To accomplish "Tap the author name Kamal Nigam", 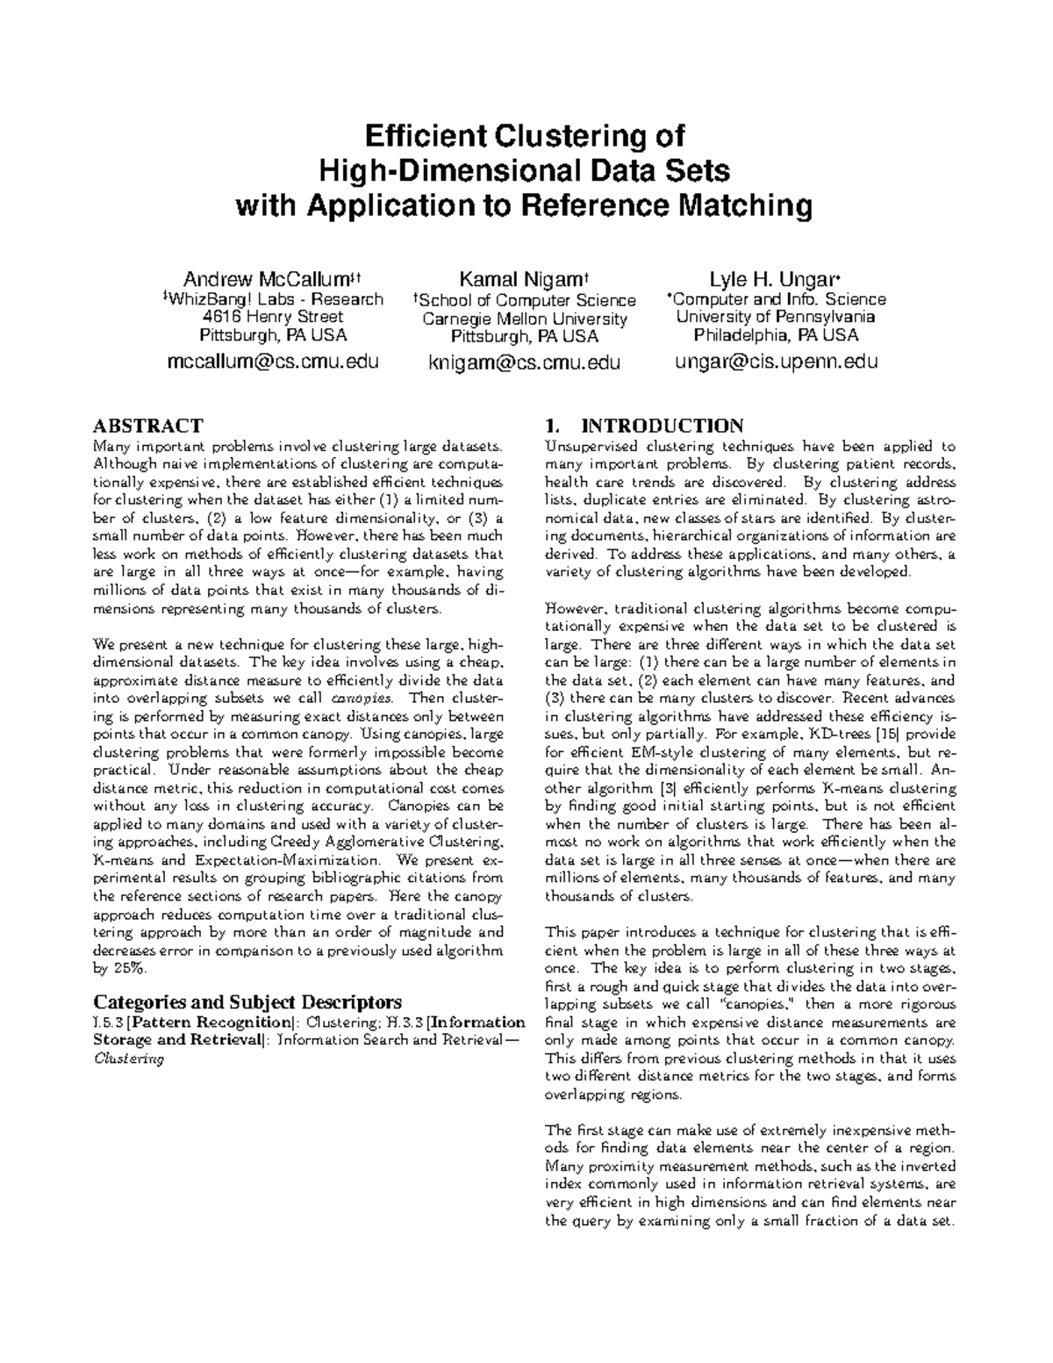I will click(525, 280).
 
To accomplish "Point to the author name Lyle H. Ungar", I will click(776, 280).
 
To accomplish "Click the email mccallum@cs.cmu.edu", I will click(273, 361).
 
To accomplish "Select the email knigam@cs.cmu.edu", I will click(525, 362).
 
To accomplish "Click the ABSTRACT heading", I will click(147, 427).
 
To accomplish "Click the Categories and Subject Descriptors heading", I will click(247, 1001).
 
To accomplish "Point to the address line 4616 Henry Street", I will click(273, 316).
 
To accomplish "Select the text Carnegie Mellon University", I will click(525, 319).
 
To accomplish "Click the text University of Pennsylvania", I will click(776, 317).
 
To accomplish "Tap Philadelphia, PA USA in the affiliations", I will click(776, 335).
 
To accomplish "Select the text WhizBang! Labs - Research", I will click(273, 299).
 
